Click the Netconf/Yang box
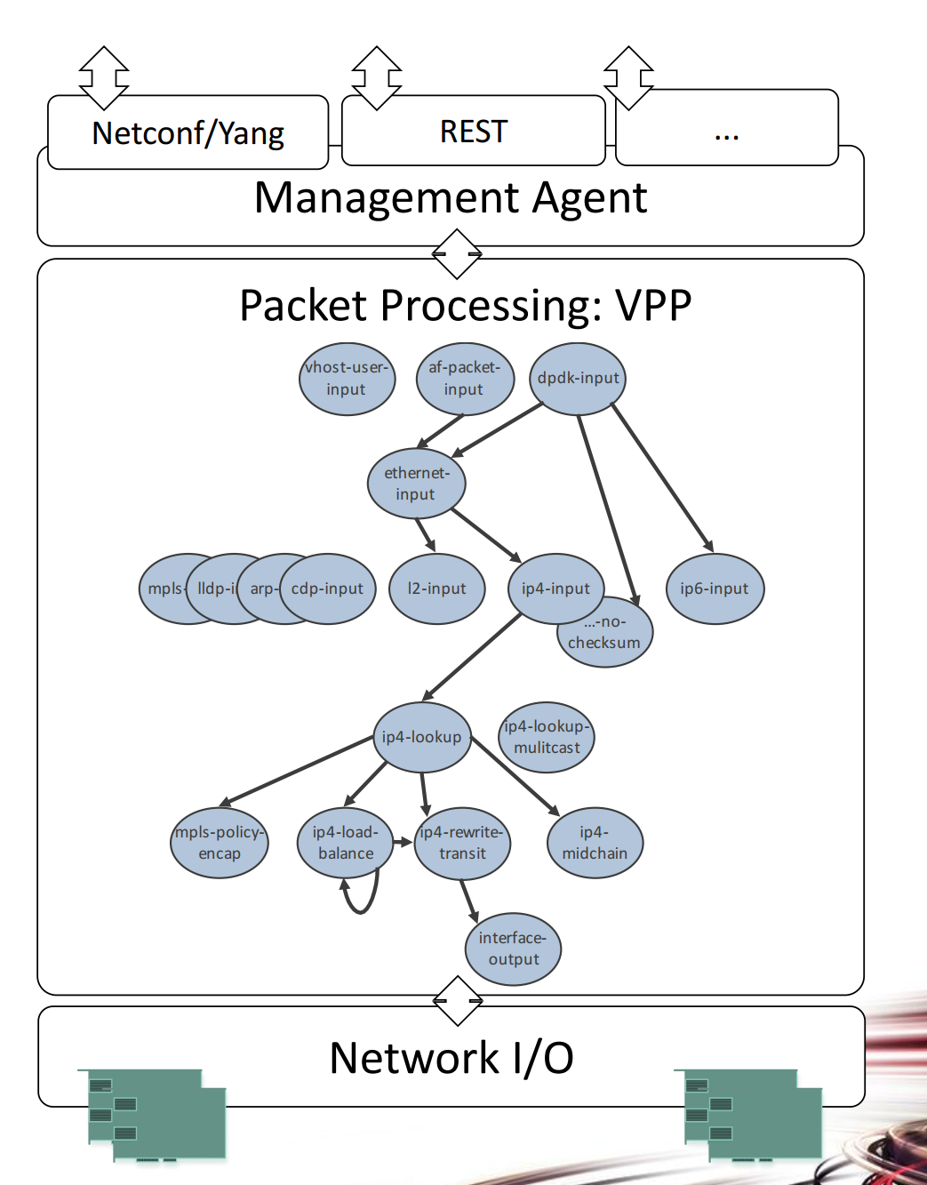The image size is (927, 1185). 188,133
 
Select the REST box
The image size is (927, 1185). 473,132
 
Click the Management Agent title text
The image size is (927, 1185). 450,197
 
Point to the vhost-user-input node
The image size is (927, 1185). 346,379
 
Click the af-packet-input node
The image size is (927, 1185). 464,379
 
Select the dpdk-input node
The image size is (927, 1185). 578,378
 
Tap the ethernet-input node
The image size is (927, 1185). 416,484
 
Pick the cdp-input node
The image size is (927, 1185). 327,588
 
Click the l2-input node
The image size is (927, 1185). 436,588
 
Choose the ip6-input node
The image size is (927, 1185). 715,588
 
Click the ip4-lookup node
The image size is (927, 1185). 421,737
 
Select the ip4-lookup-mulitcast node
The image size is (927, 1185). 547,737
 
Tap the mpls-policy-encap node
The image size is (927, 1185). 219,843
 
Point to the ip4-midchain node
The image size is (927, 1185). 595,843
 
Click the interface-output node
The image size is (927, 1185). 513,949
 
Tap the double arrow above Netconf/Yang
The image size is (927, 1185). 104,76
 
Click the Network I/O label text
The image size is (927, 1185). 452,1058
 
